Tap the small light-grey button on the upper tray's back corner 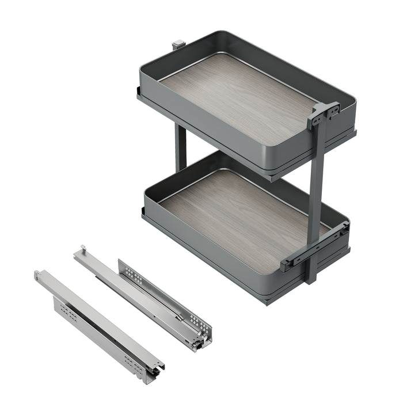(x=179, y=44)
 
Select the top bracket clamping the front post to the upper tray (x=323, y=113)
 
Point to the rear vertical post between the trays (x=181, y=147)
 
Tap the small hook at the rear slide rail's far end (x=82, y=249)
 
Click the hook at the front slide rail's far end (x=38, y=274)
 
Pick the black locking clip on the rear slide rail (x=197, y=343)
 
